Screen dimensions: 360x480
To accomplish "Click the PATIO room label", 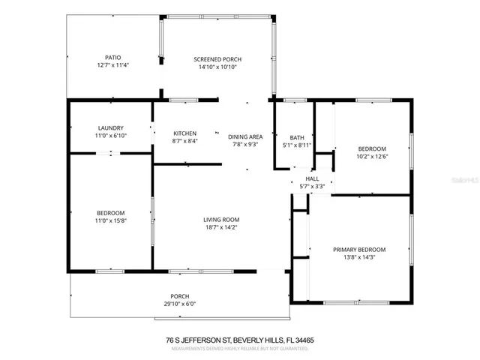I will (112, 57).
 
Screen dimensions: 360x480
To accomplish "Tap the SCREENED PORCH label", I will (217, 59).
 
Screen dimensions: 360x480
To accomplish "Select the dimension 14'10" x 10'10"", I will (217, 67).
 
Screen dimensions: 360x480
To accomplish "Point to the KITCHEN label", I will (184, 133).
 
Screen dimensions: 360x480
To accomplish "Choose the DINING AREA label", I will (245, 136).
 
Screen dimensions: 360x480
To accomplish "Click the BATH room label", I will (297, 137).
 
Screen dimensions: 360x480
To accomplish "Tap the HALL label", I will (311, 178).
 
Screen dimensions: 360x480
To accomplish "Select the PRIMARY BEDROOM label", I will (359, 250).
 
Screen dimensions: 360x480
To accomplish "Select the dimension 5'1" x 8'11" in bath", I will (297, 145).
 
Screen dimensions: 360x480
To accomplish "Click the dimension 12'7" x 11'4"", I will (112, 65).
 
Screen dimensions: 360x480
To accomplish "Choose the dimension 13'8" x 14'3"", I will (359, 258).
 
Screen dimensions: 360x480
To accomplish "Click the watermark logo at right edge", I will (471, 180).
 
